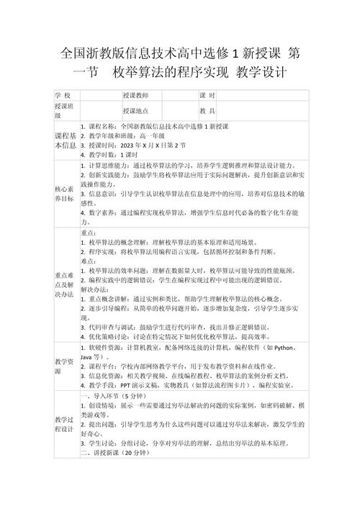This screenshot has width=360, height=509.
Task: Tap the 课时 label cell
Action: tap(207, 96)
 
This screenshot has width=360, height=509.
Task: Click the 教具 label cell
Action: tap(207, 111)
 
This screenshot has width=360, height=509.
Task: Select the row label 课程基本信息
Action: tap(64, 140)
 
